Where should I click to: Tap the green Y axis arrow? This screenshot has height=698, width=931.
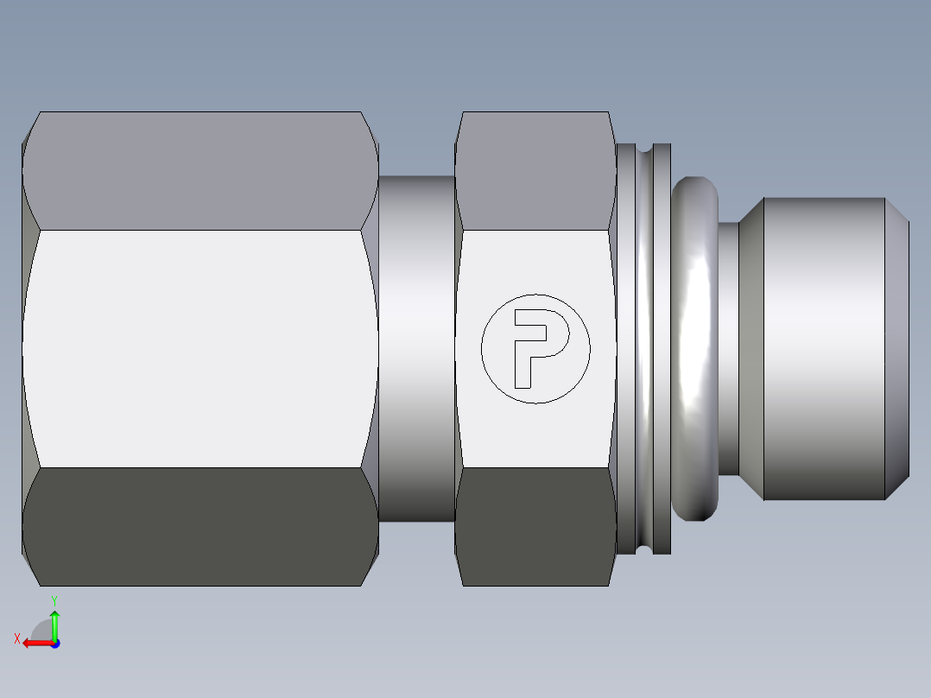(x=54, y=624)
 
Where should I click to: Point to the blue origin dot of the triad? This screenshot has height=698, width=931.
(x=54, y=643)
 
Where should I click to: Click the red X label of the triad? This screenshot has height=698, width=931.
(x=17, y=639)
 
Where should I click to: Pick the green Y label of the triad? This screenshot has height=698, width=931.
(x=54, y=600)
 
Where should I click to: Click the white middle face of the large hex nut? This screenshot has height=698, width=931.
(x=199, y=348)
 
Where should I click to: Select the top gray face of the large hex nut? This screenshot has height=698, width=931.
(x=199, y=170)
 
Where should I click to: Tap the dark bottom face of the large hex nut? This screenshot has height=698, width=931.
(x=199, y=527)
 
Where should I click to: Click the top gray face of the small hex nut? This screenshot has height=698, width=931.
(x=534, y=170)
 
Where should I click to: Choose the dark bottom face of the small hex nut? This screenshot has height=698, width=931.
(x=534, y=527)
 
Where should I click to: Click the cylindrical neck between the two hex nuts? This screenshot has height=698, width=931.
(x=416, y=348)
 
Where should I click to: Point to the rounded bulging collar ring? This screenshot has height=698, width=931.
(x=696, y=348)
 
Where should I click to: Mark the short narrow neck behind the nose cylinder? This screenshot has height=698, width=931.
(x=729, y=348)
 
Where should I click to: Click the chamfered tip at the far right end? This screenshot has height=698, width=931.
(x=897, y=348)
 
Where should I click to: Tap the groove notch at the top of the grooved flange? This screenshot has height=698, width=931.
(x=645, y=151)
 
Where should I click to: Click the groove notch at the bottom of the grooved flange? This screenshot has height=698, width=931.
(x=645, y=546)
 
